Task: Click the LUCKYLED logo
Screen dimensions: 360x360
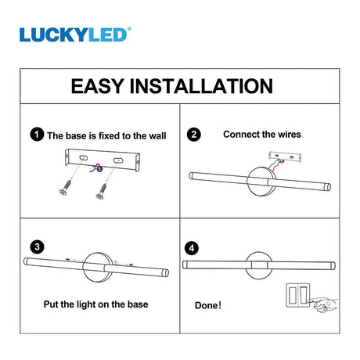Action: coord(75,34)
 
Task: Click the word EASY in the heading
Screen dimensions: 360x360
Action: coord(97,86)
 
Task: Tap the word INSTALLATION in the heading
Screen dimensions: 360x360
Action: coord(201,86)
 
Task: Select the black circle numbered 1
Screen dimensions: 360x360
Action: coord(37,135)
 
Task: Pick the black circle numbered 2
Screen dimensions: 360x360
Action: coord(194,135)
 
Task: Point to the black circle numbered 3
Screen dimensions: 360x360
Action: coord(37,247)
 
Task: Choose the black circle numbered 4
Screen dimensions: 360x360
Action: coord(192,248)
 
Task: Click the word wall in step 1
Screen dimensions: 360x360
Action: coord(157,135)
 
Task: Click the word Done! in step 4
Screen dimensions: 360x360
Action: coord(208,305)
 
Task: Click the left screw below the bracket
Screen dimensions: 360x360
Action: coord(66,187)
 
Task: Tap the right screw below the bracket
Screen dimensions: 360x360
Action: coord(102,191)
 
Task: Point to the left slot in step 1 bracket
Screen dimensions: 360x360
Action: coord(83,157)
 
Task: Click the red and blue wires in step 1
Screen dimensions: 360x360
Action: coord(96,167)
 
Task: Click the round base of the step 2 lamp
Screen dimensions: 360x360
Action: coord(261,182)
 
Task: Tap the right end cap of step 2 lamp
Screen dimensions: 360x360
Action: coord(328,187)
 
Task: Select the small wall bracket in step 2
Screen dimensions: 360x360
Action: coord(285,157)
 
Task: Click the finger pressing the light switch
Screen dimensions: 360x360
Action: coord(324,304)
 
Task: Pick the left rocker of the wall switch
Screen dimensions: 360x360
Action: coord(292,295)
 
